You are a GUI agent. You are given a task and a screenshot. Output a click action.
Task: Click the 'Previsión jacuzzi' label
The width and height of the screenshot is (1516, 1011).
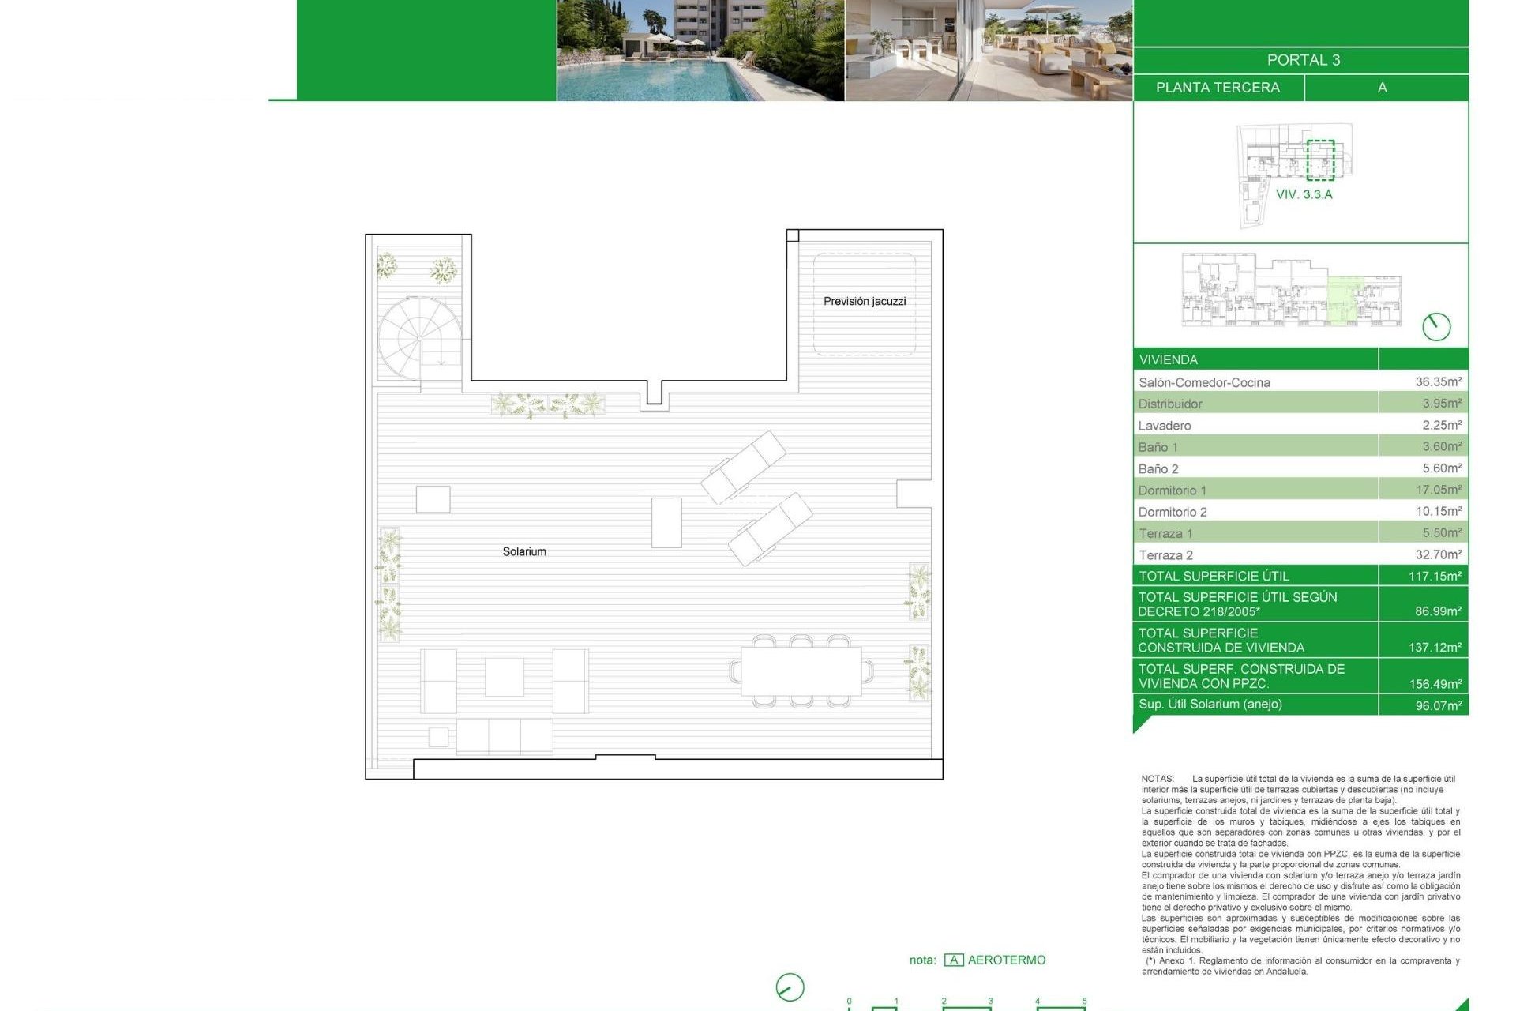click(x=865, y=301)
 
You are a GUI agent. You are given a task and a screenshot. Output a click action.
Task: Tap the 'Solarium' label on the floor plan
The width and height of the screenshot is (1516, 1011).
click(x=524, y=551)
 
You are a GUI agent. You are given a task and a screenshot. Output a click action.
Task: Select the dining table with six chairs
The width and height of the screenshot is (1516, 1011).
click(x=801, y=671)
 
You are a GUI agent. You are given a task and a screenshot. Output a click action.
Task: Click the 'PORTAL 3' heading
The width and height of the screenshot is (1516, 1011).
click(x=1303, y=60)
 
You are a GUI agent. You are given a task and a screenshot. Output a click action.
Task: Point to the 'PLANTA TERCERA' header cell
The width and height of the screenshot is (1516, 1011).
click(x=1218, y=88)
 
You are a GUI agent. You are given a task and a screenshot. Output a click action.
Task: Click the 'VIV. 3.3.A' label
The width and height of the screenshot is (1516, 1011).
click(x=1304, y=194)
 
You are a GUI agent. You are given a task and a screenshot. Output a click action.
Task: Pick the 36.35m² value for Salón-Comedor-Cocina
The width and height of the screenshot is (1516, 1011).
click(x=1438, y=381)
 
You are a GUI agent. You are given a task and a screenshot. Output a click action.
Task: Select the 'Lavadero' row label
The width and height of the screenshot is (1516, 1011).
click(x=1165, y=426)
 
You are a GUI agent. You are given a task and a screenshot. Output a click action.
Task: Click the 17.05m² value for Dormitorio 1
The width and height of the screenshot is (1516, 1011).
click(x=1438, y=490)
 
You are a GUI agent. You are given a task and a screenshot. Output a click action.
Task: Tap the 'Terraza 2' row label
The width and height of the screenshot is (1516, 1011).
click(x=1165, y=555)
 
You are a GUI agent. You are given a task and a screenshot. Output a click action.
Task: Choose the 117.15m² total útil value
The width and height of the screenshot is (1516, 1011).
click(x=1435, y=577)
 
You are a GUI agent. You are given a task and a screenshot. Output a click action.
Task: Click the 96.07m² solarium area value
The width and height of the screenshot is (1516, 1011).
click(x=1438, y=705)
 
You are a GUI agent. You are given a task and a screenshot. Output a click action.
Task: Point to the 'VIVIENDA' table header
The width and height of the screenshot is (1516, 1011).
click(x=1169, y=360)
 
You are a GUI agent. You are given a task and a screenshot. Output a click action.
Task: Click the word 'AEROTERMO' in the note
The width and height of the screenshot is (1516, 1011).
click(x=1007, y=960)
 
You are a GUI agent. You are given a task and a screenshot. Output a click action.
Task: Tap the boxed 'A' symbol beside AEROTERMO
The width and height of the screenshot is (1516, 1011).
click(x=954, y=960)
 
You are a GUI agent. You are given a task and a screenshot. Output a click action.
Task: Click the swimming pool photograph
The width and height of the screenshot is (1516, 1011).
click(x=700, y=51)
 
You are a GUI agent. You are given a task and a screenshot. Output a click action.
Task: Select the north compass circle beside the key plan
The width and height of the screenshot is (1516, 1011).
click(x=1436, y=326)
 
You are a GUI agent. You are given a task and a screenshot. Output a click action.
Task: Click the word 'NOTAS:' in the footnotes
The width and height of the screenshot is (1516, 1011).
click(x=1158, y=779)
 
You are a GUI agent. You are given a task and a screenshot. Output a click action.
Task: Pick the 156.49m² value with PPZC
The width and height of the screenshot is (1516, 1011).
click(x=1435, y=684)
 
